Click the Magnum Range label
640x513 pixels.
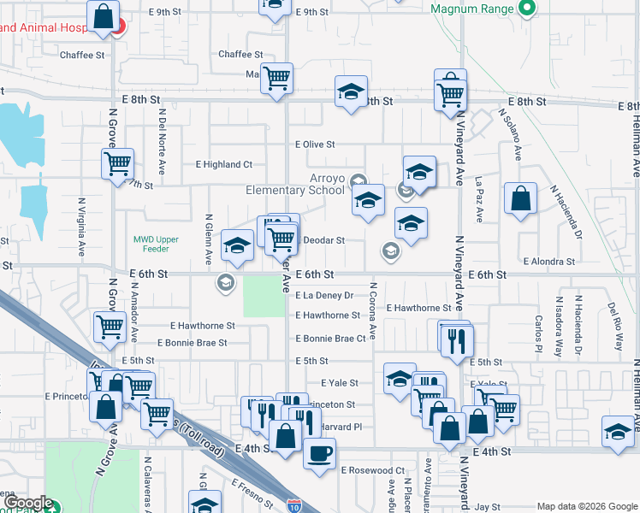click(471, 9)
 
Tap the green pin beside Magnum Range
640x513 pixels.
click(527, 9)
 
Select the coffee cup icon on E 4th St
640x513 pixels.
click(320, 451)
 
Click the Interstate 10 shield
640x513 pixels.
click(293, 506)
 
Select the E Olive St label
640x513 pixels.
click(315, 145)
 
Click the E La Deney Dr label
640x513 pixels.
click(324, 296)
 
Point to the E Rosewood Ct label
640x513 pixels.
click(372, 470)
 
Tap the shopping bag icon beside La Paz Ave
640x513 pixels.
click(520, 200)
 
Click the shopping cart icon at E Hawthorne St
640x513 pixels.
click(110, 327)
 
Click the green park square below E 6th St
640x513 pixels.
click(264, 297)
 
